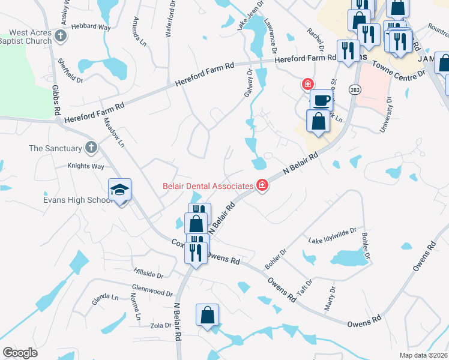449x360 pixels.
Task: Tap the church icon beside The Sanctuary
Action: pyautogui.click(x=91, y=148)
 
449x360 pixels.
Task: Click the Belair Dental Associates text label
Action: pyautogui.click(x=208, y=185)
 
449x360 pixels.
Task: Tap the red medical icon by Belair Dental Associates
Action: pyautogui.click(x=262, y=185)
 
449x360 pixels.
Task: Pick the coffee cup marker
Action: pyautogui.click(x=322, y=100)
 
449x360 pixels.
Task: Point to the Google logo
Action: pyautogui.click(x=20, y=353)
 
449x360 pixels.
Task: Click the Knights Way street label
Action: pyautogui.click(x=86, y=166)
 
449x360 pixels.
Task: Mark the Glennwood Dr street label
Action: pyautogui.click(x=152, y=290)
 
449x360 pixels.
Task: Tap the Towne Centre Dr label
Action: pyautogui.click(x=398, y=68)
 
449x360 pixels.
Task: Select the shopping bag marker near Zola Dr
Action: pyautogui.click(x=207, y=315)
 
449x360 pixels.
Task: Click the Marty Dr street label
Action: pyautogui.click(x=330, y=298)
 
